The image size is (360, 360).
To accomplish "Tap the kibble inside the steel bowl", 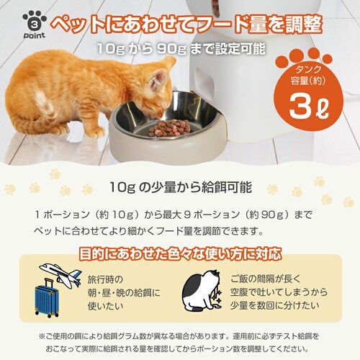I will click(x=170, y=127).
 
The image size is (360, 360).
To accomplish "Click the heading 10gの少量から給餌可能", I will click(x=179, y=188).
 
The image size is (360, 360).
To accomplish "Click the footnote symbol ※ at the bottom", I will click(x=42, y=336).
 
